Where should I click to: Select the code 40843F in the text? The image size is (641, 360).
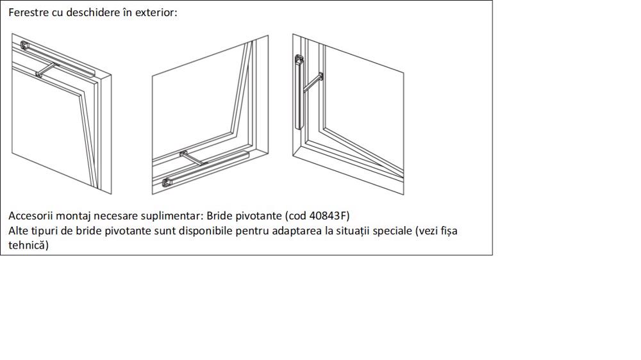point(328,216)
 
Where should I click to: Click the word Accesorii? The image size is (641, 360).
point(31,216)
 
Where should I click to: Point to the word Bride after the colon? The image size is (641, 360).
point(219,216)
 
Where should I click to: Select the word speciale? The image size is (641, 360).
point(392,231)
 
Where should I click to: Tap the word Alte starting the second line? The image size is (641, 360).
point(19,231)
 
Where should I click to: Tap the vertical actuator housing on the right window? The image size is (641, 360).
point(299,92)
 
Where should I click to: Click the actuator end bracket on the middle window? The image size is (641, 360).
point(167,183)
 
